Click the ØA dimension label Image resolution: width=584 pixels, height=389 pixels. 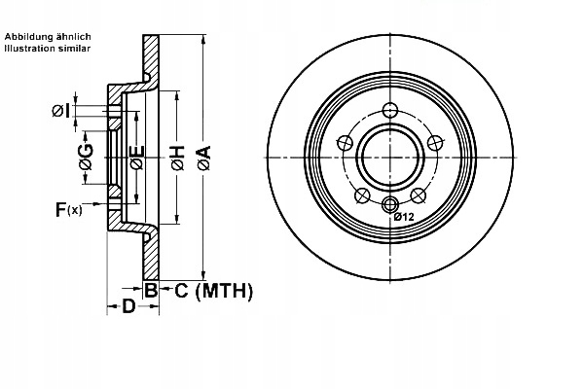pos(203,159)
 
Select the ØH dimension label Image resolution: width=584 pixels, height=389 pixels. pos(177,159)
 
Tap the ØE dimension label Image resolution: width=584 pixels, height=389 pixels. pos(137,159)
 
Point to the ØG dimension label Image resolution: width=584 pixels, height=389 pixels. pos(86,159)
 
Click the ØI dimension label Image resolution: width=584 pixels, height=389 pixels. pos(59,112)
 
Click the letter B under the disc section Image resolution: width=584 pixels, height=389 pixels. pos(151,290)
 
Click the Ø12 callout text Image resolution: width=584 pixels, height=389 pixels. pos(405,218)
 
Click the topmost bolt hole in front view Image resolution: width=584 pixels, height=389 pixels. pos(390,110)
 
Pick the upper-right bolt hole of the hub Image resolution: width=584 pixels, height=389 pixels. pos(437,142)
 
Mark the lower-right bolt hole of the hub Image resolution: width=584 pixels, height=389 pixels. pos(420,195)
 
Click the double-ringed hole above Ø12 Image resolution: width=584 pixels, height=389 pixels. pos(390,203)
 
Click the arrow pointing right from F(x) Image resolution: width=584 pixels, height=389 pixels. pos(98,208)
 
